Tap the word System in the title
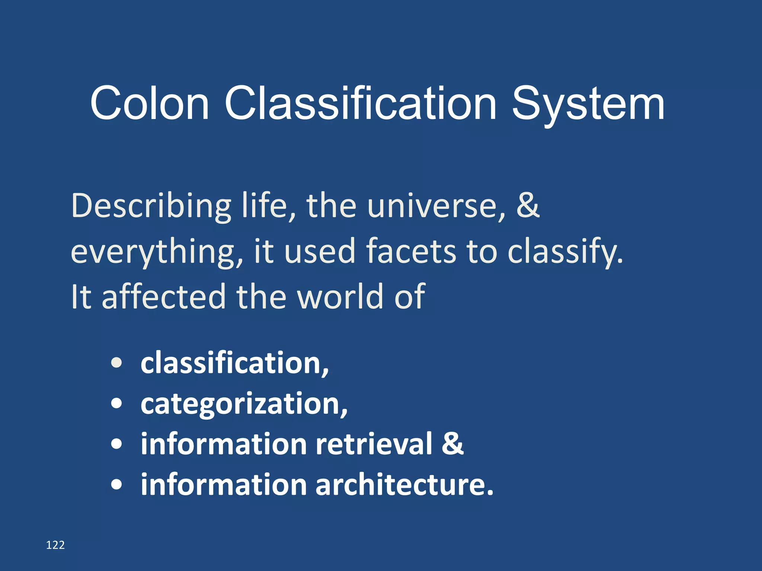coord(588,105)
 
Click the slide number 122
coord(55,545)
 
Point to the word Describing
coord(151,206)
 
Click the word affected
coord(164,296)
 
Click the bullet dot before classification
coord(116,363)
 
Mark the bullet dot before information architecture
coord(116,485)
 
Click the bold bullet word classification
coord(234,363)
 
